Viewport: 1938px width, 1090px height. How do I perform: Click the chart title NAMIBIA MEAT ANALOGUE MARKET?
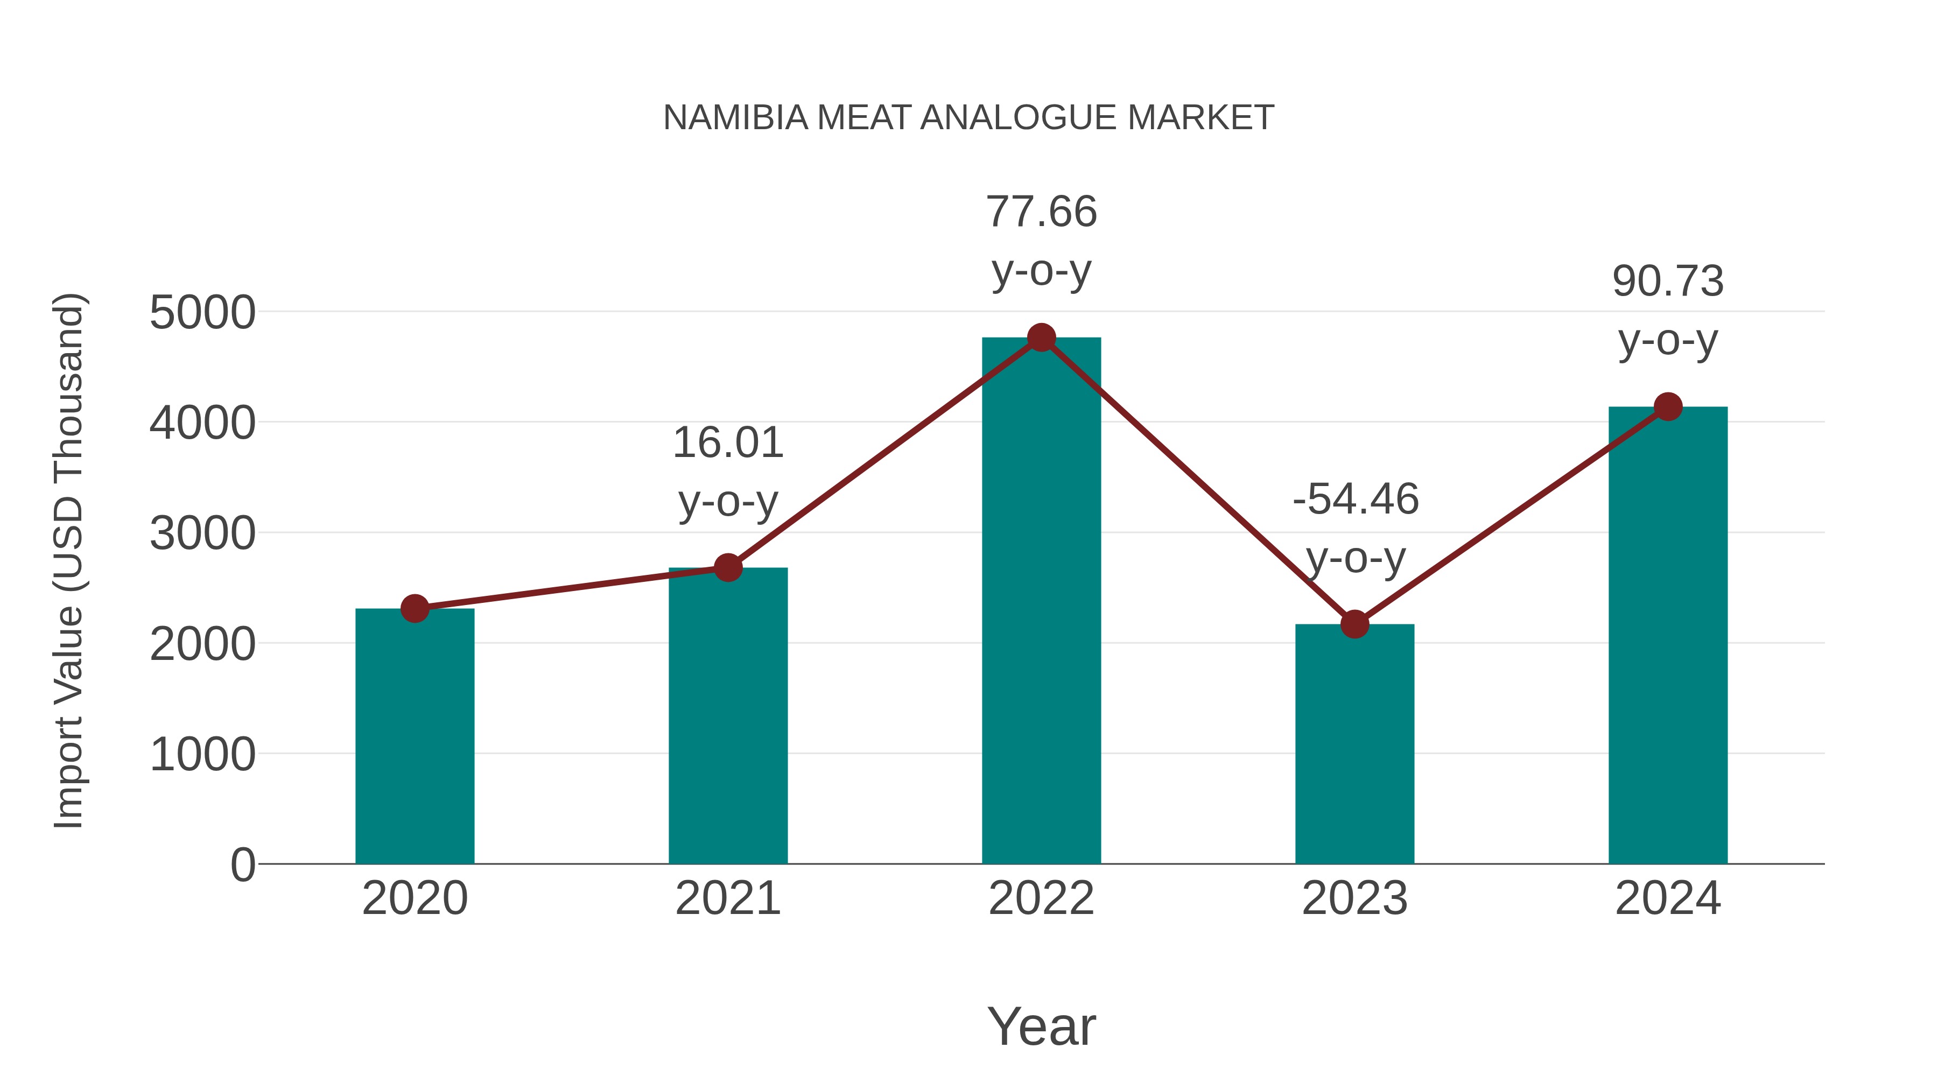(x=968, y=118)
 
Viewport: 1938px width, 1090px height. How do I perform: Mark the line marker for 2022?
(x=1041, y=337)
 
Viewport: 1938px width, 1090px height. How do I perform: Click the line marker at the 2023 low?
(x=1354, y=624)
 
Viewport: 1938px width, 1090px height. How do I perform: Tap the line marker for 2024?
(x=1668, y=407)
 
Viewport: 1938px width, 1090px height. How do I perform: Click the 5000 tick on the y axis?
(x=202, y=313)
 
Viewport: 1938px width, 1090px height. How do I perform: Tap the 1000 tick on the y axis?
(x=202, y=755)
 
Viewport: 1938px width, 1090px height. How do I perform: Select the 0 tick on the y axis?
(x=242, y=865)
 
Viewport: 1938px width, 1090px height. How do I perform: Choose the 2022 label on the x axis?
(x=1041, y=898)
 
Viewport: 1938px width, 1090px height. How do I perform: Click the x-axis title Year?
(x=1041, y=1026)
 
